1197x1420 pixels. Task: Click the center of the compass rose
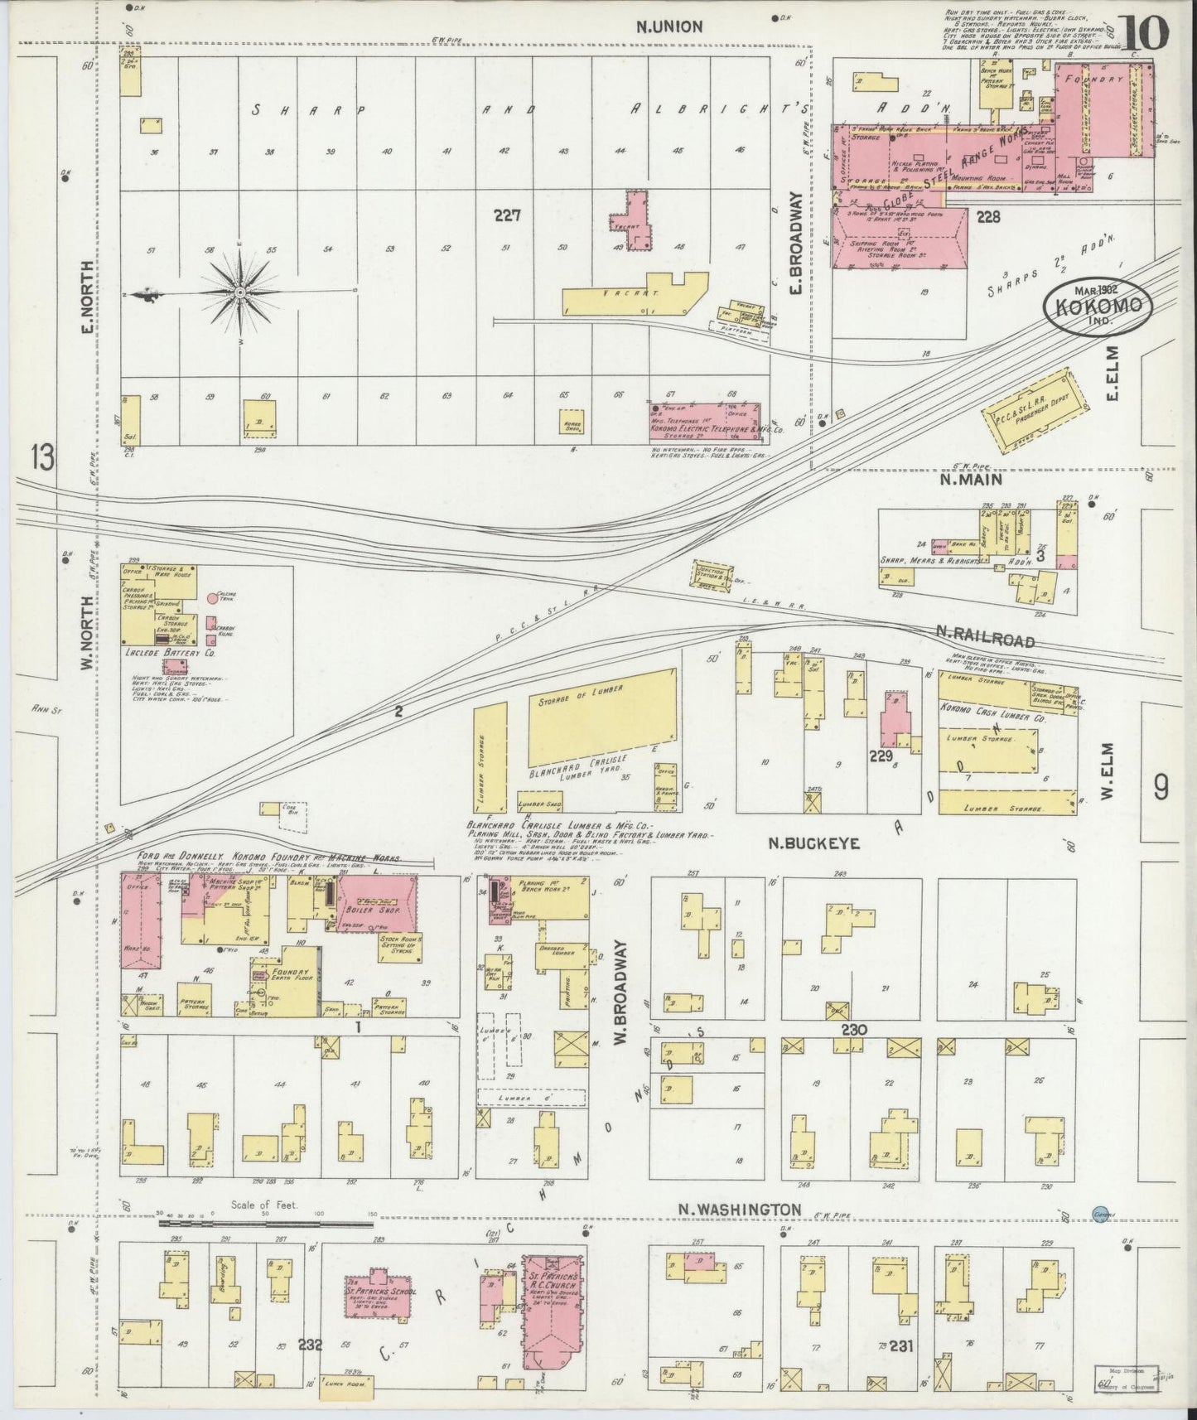click(239, 292)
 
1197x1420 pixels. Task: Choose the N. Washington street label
click(740, 1210)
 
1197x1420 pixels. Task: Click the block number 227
click(506, 216)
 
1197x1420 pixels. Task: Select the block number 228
click(988, 217)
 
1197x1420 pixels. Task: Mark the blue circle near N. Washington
click(1100, 1212)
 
